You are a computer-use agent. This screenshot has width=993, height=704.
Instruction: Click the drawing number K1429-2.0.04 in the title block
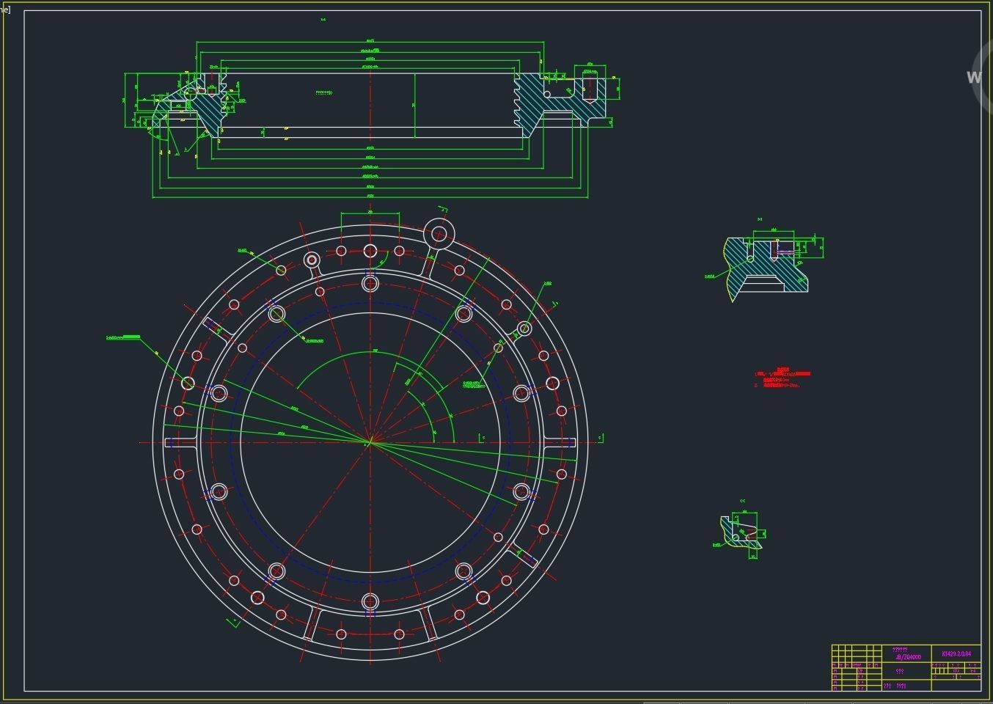pos(956,653)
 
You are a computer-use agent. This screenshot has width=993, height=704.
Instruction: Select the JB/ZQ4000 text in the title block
pos(907,657)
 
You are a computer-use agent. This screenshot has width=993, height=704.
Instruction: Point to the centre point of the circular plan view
pos(370,442)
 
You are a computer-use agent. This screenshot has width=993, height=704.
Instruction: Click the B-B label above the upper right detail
pos(760,219)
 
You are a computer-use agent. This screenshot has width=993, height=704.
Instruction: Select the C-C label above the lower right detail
pos(742,501)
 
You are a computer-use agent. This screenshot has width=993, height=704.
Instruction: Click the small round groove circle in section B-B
pos(750,258)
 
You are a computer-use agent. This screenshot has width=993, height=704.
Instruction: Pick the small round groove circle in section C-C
pos(736,538)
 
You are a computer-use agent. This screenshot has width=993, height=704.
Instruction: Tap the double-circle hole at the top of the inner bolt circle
pos(370,282)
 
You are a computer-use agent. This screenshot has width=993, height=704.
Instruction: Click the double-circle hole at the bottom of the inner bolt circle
pos(370,602)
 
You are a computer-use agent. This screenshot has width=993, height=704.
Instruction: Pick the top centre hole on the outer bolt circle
pos(370,251)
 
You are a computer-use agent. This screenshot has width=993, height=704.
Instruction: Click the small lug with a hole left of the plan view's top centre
pos(312,260)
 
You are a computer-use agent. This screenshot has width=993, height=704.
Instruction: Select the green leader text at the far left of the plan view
pos(123,337)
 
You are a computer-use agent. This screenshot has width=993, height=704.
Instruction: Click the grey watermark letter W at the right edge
pos(974,77)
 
